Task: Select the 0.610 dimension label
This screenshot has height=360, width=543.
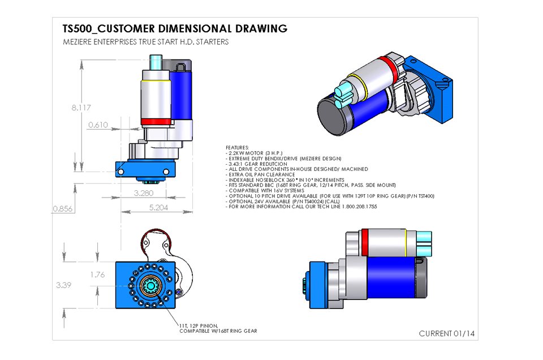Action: (x=97, y=125)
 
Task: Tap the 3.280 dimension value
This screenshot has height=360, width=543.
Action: (x=144, y=193)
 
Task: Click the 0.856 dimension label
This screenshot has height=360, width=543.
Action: (x=63, y=208)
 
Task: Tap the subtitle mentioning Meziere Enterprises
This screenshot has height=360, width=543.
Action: (x=146, y=42)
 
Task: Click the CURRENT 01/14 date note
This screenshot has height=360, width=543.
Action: (x=447, y=333)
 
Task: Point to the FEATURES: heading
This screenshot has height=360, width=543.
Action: (x=237, y=148)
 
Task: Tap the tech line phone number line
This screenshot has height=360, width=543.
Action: (x=301, y=207)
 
